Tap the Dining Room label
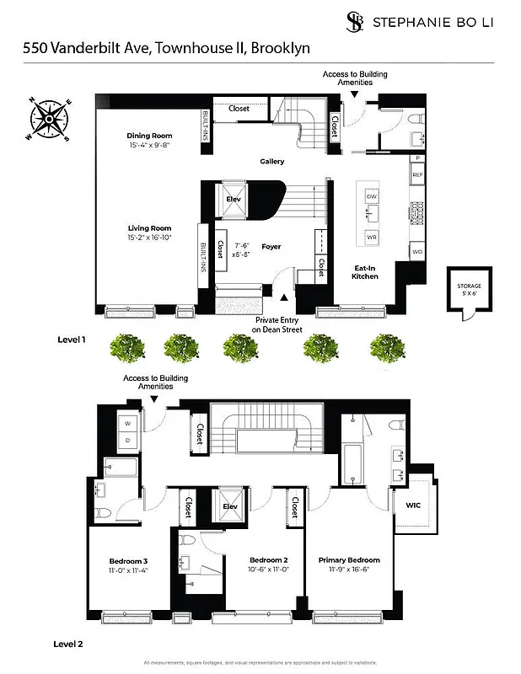click(149, 136)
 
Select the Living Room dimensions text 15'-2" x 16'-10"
click(149, 238)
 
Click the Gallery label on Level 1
click(271, 161)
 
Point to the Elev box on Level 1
click(234, 200)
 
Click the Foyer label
click(271, 247)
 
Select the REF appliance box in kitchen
click(416, 174)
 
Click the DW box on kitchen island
click(371, 196)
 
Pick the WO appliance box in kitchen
click(416, 251)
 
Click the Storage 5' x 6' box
click(469, 291)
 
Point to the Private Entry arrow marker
click(283, 297)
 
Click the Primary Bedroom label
click(348, 560)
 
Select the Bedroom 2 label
click(269, 560)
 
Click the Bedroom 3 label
click(128, 561)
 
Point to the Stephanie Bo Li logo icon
click(357, 22)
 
